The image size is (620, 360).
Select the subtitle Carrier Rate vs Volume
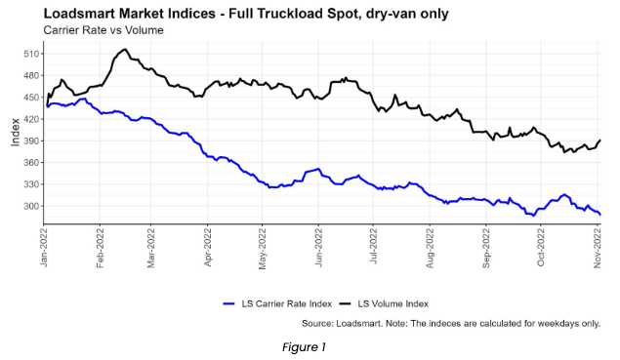tap(103, 30)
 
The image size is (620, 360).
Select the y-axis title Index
tap(14, 131)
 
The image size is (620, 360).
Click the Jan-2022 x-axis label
tap(45, 246)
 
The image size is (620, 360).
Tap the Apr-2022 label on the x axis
tap(209, 246)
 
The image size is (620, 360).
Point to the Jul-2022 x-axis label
tap(375, 246)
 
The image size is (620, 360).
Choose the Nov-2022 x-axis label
tap(599, 246)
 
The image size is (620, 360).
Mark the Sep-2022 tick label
tap(487, 246)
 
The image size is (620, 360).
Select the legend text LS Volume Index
tap(391, 303)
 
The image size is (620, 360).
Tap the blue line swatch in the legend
tap(231, 303)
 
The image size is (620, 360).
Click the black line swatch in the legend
tap(341, 303)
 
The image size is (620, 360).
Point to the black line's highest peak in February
tap(124, 50)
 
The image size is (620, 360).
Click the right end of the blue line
tap(599, 214)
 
